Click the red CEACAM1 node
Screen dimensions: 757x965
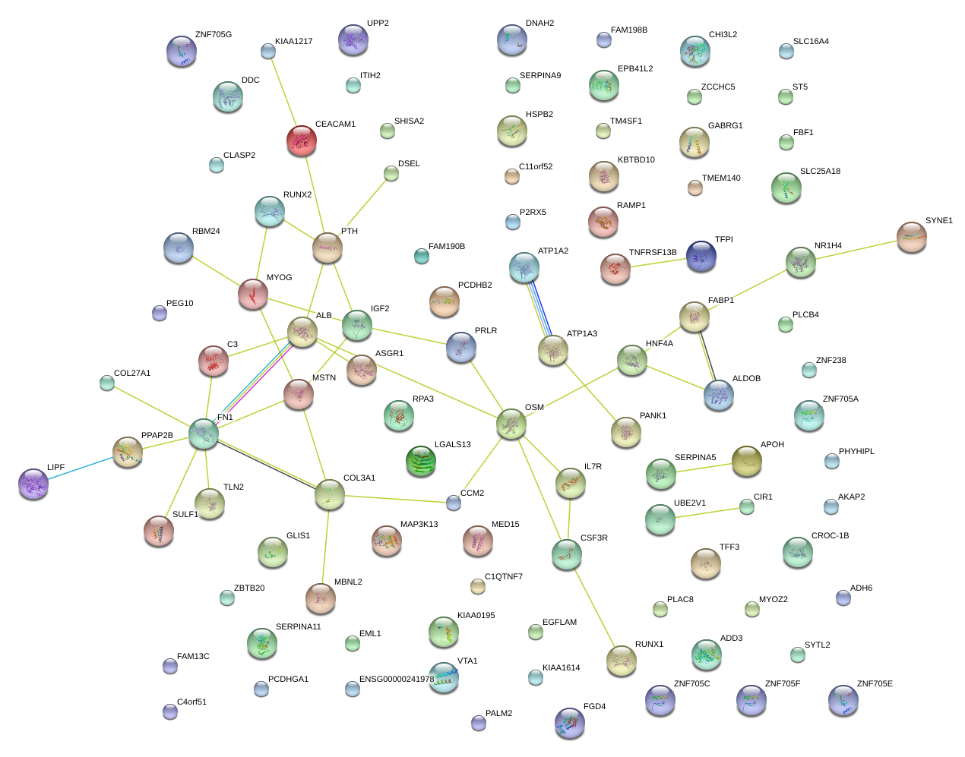tap(302, 140)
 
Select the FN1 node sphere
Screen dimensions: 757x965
tap(203, 433)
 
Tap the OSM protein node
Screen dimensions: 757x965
tap(511, 424)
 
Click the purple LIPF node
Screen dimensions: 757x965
tap(33, 483)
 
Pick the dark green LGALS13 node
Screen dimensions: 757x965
tap(421, 460)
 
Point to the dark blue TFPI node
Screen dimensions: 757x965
tap(701, 256)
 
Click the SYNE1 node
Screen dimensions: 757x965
tap(911, 237)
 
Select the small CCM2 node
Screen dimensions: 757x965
tap(454, 502)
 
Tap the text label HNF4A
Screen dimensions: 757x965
tap(659, 344)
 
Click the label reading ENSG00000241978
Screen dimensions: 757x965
tap(397, 680)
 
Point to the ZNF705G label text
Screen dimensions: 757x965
tap(214, 35)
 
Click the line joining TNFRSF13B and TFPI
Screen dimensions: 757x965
tap(658, 263)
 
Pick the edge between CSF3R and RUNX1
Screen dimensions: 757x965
tap(594, 607)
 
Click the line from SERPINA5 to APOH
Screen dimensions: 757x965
tap(704, 467)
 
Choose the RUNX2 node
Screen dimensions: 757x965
tap(269, 211)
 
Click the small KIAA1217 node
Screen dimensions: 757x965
tap(268, 51)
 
